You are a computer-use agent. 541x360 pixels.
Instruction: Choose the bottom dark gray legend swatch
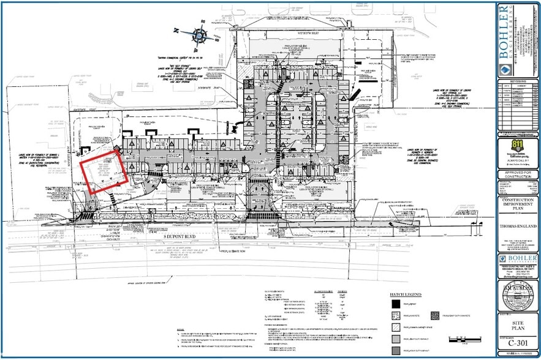395,350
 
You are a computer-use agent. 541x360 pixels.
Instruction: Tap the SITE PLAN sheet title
518,322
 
